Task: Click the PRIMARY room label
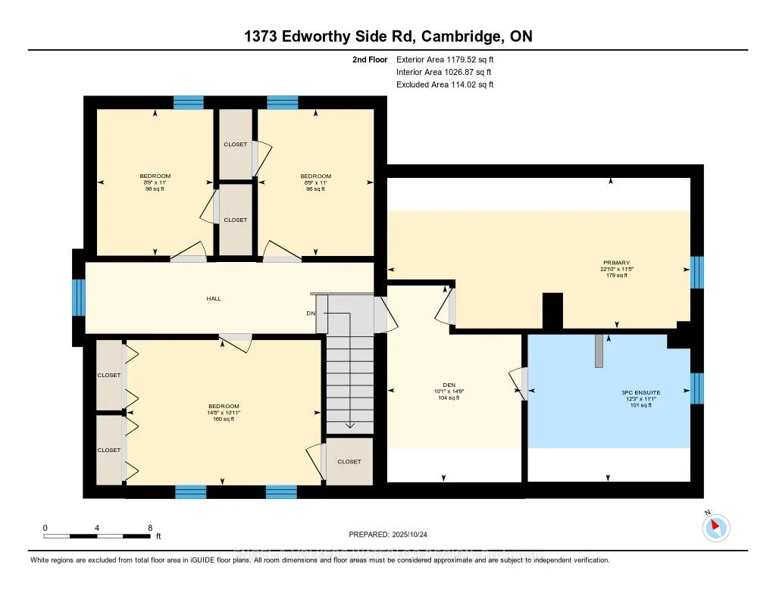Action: click(x=612, y=264)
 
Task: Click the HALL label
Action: click(x=214, y=298)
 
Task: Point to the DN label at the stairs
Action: click(x=311, y=313)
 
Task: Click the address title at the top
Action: click(x=387, y=36)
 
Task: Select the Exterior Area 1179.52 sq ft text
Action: click(x=445, y=59)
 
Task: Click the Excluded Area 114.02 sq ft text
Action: click(x=445, y=85)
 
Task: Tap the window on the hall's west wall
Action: click(x=78, y=297)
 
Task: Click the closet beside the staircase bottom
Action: click(x=349, y=461)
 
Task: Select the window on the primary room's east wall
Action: click(x=697, y=273)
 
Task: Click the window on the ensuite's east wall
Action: click(x=697, y=388)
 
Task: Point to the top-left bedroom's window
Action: click(x=189, y=102)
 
